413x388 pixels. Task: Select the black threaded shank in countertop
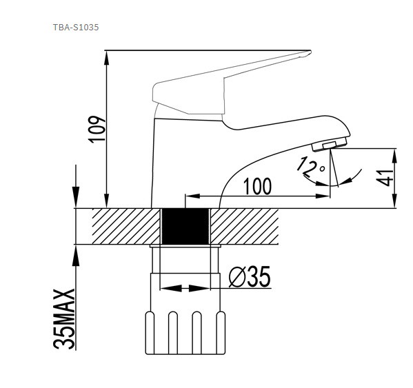[x=185, y=226]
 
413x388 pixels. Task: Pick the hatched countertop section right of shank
[x=245, y=226]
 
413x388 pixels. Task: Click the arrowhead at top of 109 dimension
[x=107, y=57]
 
